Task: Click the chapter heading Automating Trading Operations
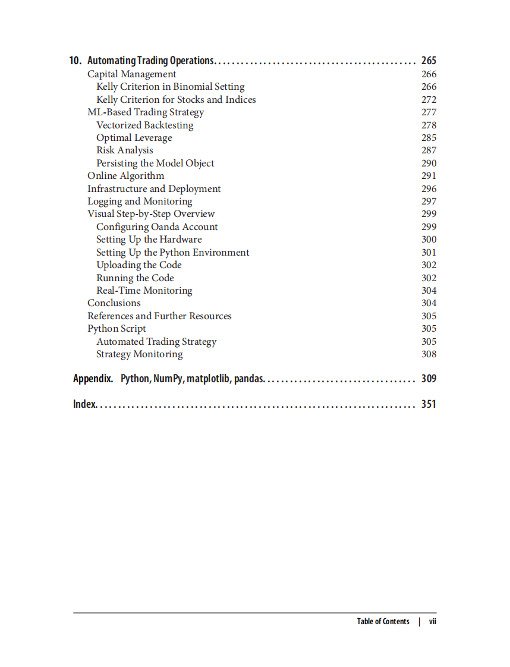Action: tap(150, 61)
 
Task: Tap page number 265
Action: tap(428, 61)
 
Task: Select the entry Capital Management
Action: tap(131, 74)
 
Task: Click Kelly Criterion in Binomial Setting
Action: tap(170, 87)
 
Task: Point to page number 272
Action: tap(429, 100)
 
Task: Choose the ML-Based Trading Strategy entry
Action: tap(146, 112)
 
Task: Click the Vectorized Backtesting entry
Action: tap(144, 125)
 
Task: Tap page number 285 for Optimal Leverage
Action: tap(429, 138)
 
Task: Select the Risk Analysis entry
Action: tap(124, 150)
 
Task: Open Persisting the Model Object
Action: tap(155, 163)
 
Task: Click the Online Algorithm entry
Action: tap(125, 176)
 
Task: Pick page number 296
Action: tap(429, 189)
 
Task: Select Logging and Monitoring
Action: tap(140, 202)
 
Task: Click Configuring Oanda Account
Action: tap(157, 227)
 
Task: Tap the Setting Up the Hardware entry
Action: tap(149, 240)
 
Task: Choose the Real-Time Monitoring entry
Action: tap(144, 291)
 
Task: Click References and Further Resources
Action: tap(159, 316)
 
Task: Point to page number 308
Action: tap(429, 354)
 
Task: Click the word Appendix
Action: tap(93, 379)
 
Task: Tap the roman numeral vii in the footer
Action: tap(433, 622)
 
